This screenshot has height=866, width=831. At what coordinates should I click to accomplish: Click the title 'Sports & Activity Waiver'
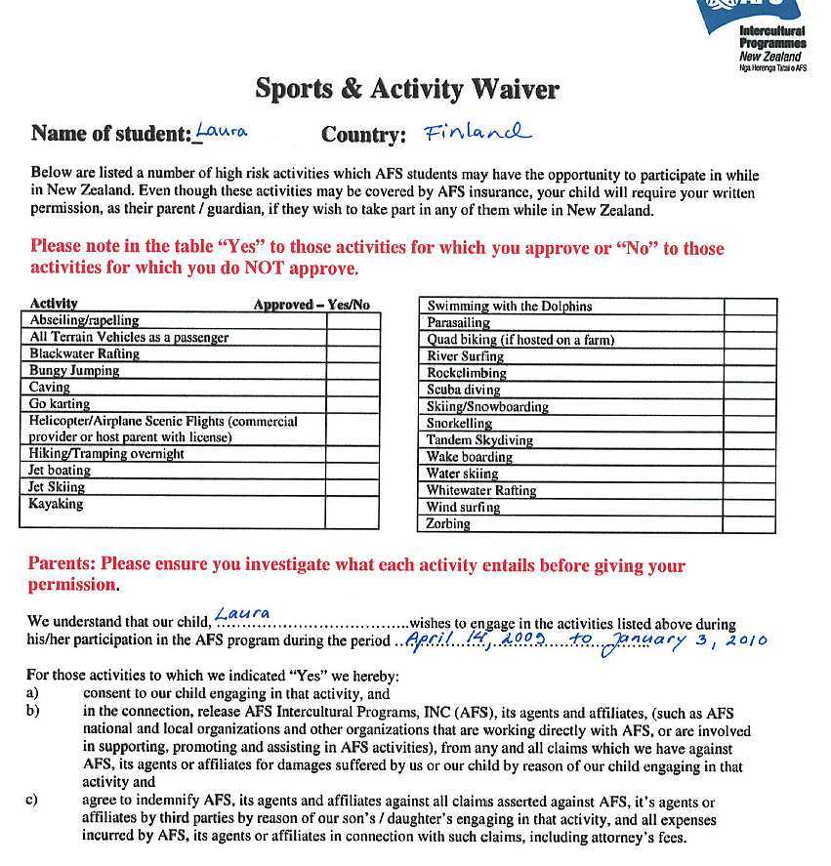click(x=407, y=89)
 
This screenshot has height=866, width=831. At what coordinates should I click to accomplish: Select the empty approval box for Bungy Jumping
click(x=353, y=371)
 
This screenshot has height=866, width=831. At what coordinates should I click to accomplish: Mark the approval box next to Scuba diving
click(x=750, y=390)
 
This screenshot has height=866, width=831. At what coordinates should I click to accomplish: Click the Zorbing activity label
click(x=448, y=524)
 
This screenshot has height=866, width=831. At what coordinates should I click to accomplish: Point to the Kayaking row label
click(x=57, y=505)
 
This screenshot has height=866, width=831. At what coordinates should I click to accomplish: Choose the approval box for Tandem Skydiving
click(x=750, y=440)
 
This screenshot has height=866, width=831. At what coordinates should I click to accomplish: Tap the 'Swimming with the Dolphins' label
click(x=509, y=306)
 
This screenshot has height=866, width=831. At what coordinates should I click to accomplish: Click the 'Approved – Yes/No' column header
click(x=312, y=305)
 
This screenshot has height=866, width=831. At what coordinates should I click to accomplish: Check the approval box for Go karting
click(x=353, y=404)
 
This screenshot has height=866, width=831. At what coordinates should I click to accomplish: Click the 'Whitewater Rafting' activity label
click(x=481, y=491)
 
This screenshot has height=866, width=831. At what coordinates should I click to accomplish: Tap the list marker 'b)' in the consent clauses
click(x=34, y=712)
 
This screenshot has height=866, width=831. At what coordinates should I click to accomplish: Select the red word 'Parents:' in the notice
click(x=62, y=565)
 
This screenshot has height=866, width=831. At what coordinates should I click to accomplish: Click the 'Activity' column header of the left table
click(x=54, y=304)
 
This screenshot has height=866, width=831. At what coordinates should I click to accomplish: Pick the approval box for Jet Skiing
click(x=353, y=487)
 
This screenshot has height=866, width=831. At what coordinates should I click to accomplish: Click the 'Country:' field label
click(x=363, y=135)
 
